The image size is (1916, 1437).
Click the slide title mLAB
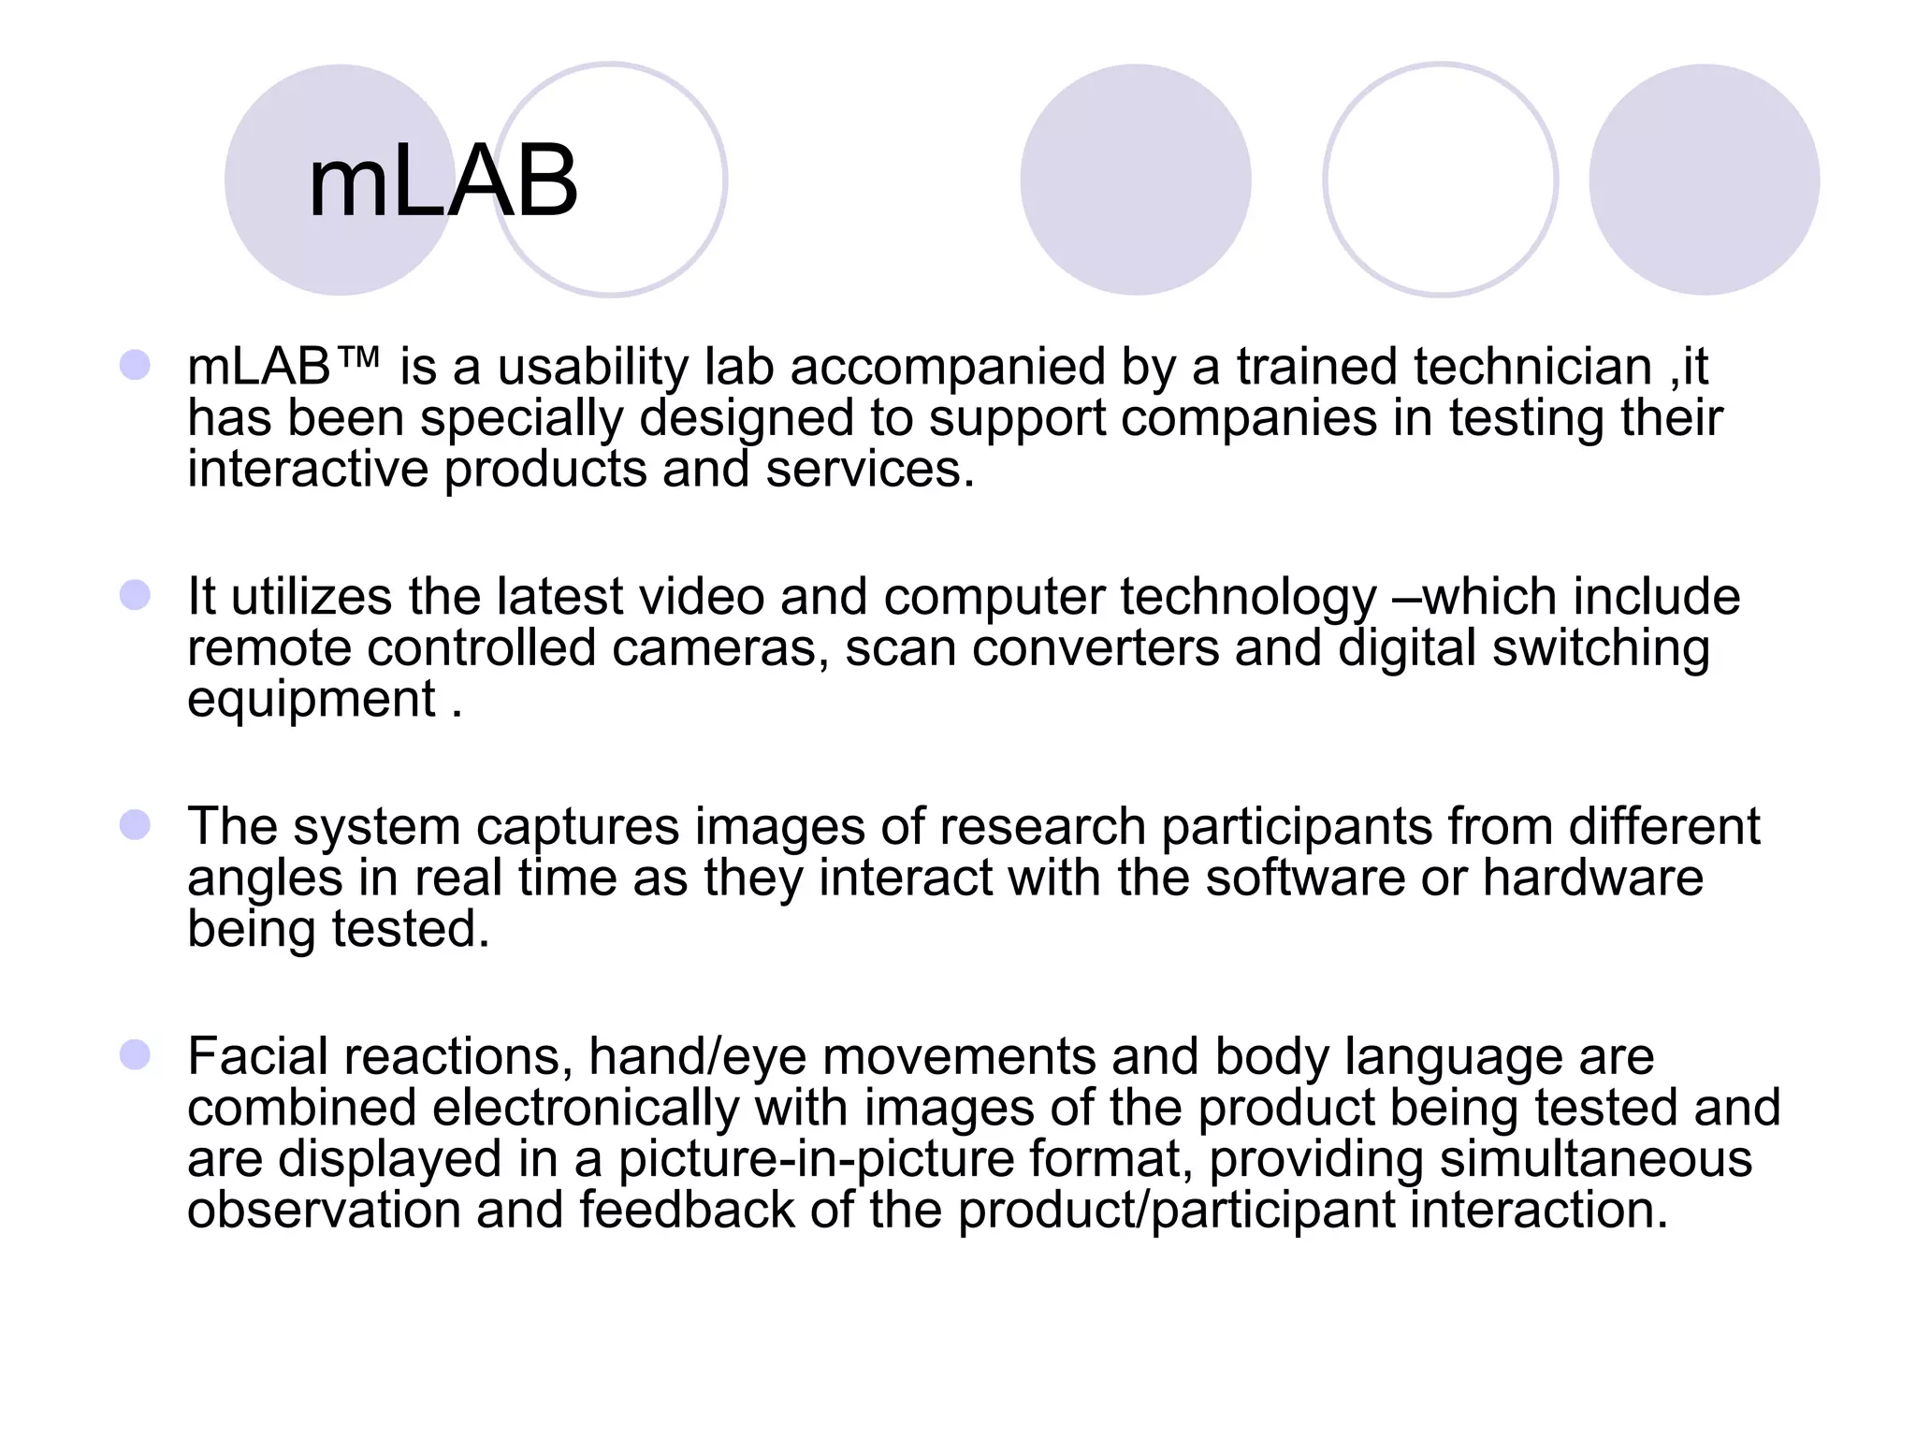(443, 182)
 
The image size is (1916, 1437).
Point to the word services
(869, 470)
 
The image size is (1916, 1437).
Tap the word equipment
(312, 701)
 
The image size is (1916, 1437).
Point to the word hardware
(1592, 878)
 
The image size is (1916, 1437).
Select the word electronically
(586, 1109)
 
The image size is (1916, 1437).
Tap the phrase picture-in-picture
(816, 1159)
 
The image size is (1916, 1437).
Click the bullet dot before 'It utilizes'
(136, 595)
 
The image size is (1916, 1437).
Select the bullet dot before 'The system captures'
(136, 825)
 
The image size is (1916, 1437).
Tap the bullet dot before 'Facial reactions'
(136, 1055)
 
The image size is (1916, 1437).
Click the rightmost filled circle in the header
(1704, 180)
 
